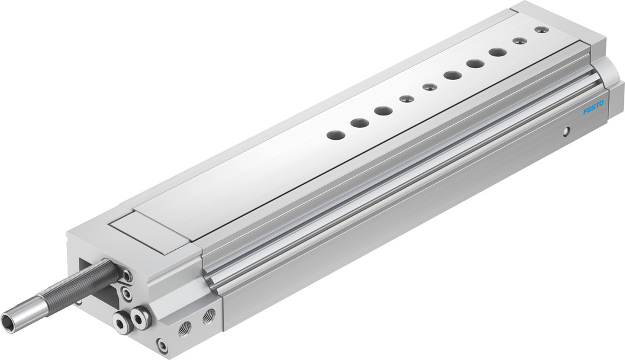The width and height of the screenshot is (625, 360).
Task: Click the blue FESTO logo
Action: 594,108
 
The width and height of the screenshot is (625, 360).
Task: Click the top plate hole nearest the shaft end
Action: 335,135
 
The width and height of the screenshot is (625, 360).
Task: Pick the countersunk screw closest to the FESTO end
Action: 540,30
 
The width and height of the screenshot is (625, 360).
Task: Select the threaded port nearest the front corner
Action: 185,330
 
